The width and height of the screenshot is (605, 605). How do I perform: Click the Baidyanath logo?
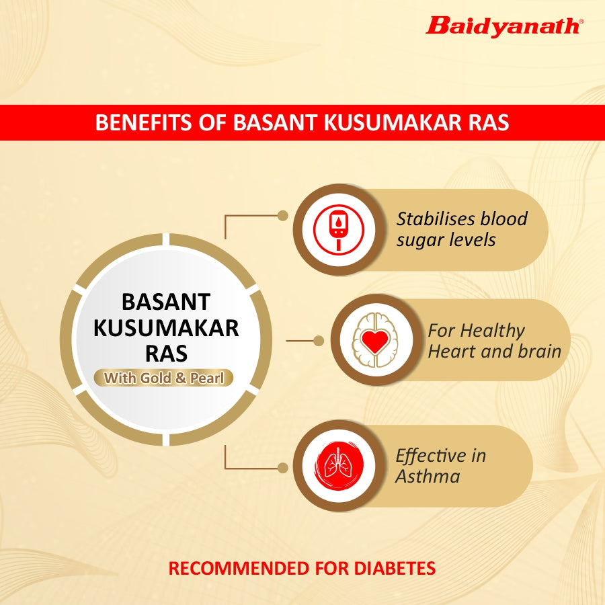505,27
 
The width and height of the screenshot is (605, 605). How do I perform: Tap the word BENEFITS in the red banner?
144,122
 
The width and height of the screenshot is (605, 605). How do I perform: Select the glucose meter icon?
338,229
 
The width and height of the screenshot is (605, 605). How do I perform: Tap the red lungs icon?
338,465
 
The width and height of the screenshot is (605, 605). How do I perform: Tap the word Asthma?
428,476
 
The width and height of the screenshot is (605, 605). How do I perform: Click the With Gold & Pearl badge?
163,378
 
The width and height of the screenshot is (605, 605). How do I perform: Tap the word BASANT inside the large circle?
166,302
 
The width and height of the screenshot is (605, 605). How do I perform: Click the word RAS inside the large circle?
166,354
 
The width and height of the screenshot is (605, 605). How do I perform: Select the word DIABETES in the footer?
395,568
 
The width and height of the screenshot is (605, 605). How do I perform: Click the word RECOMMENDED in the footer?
239,568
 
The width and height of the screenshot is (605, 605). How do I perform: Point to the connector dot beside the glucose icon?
283,216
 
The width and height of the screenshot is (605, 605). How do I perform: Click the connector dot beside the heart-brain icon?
319,341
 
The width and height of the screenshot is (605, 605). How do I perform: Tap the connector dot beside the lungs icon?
283,468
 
